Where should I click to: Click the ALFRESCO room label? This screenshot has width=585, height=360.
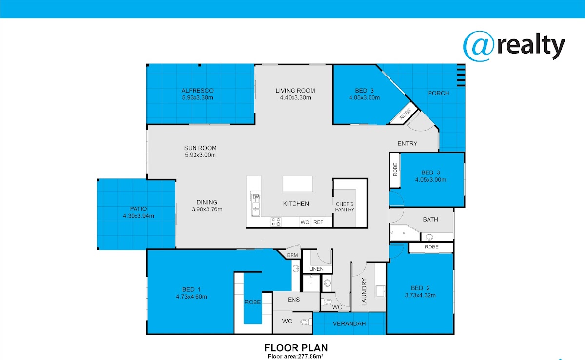coord(197,91)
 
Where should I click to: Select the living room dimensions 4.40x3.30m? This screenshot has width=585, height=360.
coord(295,98)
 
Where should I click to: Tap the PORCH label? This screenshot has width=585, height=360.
coord(438,93)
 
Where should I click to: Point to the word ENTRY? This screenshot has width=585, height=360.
coord(408,143)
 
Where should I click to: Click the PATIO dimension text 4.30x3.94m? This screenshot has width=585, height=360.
coord(138,216)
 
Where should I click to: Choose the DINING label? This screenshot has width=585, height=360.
coord(207,202)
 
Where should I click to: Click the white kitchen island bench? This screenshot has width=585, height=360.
coord(298,184)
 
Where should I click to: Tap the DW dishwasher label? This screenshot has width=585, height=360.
coord(256,197)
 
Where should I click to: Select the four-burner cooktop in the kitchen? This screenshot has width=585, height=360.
coord(276,222)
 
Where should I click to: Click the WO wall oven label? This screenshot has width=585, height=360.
coord(305,222)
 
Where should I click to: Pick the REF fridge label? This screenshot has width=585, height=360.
coord(318,222)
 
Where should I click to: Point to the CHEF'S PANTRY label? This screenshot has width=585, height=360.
coord(345,207)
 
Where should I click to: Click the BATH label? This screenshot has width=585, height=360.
coord(430,220)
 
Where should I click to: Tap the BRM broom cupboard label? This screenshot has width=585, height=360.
coord(292,255)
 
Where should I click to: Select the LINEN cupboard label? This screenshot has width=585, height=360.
coord(316,269)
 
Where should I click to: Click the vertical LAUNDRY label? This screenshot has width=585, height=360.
coord(364,292)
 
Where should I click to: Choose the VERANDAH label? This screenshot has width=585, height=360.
coord(349,324)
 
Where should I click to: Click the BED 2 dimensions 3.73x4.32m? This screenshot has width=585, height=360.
coord(420,296)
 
